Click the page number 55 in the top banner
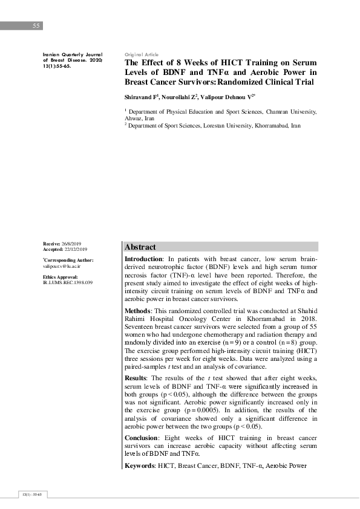(x=36, y=26)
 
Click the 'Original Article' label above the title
(x=141, y=54)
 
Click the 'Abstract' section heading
(x=140, y=247)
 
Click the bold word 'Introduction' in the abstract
(x=143, y=259)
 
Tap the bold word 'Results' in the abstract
(x=137, y=378)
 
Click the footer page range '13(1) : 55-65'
(x=30, y=494)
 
